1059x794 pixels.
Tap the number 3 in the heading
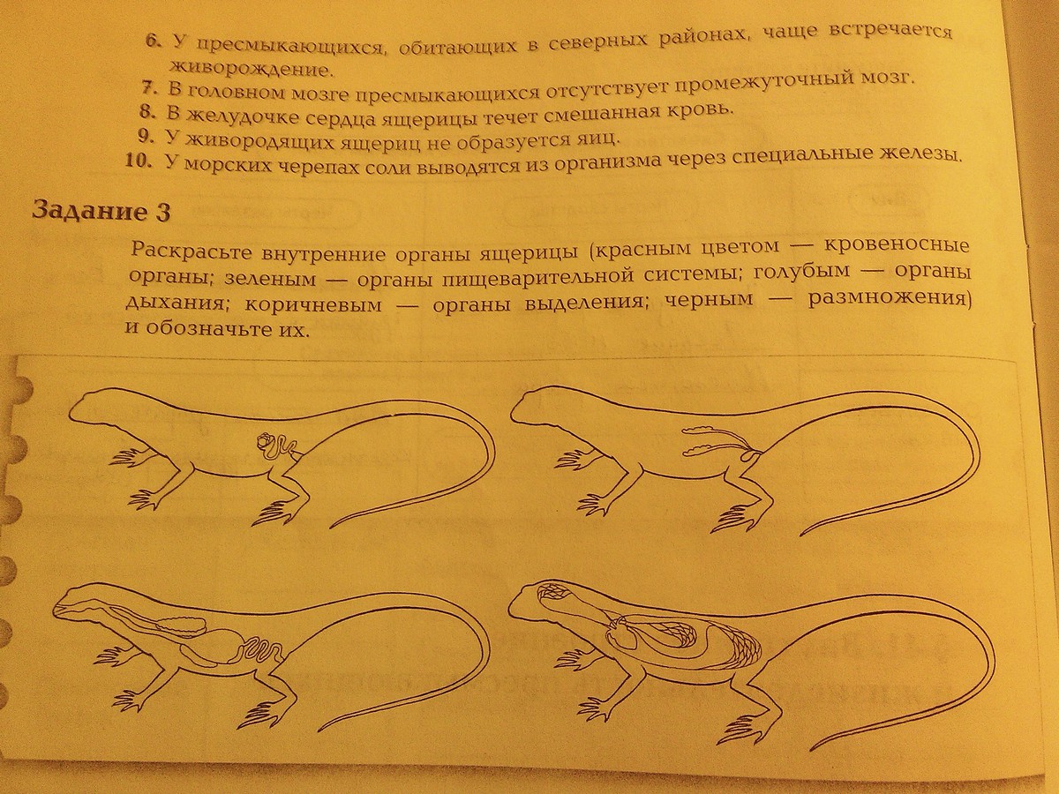(x=163, y=213)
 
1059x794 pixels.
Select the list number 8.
(x=146, y=112)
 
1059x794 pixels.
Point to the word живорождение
(x=251, y=68)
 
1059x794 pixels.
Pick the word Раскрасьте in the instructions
(x=191, y=251)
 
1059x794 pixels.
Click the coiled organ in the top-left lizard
(x=274, y=447)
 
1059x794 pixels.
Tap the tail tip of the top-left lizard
(x=332, y=528)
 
